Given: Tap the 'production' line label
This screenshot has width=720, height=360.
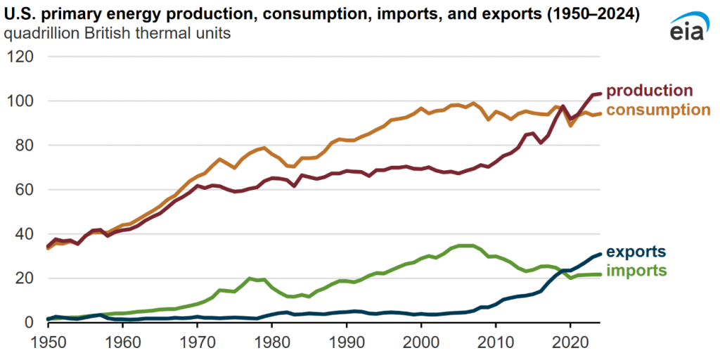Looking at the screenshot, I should tap(649, 91).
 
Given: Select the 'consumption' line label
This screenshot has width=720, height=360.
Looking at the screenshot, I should tap(658, 110).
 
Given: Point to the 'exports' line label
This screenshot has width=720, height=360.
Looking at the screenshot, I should tap(636, 252).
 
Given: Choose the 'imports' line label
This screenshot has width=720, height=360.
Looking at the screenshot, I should tap(636, 271).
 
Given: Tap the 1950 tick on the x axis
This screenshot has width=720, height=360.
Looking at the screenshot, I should tap(48, 342).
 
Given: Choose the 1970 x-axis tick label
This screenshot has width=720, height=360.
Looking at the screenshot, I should tap(198, 342).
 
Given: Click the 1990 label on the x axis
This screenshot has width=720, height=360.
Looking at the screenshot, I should tap(347, 342).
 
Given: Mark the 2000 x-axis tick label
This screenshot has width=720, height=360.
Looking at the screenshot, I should tap(421, 342).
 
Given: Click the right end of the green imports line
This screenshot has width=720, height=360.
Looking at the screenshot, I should tap(600, 274).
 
